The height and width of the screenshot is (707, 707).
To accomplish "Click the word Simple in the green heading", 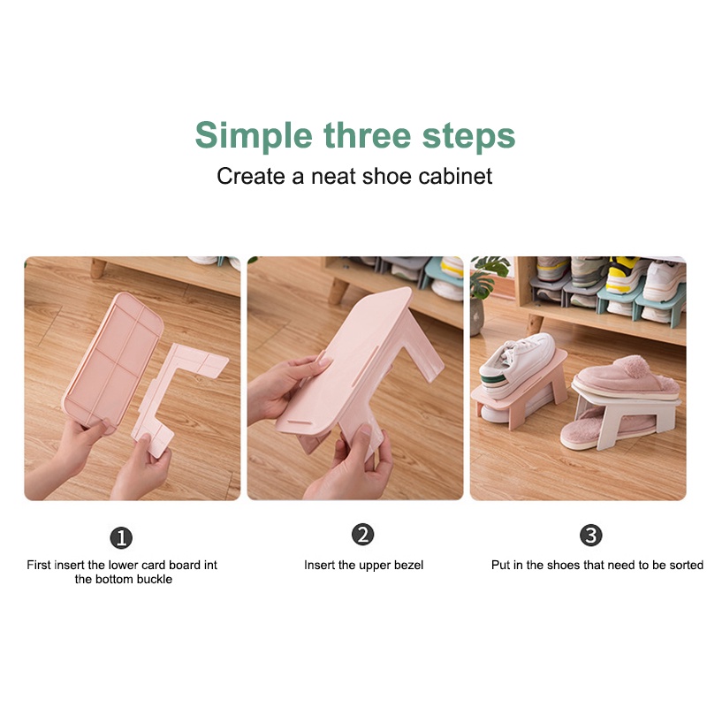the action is [254, 136].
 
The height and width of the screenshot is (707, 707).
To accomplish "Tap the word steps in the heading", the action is [468, 135].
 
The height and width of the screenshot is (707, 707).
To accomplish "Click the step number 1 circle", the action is [121, 537].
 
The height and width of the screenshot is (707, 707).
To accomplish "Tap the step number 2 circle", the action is [363, 535].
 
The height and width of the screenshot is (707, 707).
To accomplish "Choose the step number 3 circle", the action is [590, 536].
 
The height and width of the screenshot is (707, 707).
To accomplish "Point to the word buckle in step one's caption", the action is [155, 579].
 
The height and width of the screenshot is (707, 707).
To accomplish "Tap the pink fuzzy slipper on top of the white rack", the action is [627, 379].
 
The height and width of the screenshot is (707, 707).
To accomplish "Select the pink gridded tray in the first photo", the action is [113, 361].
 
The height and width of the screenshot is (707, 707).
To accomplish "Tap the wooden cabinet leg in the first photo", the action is [98, 268].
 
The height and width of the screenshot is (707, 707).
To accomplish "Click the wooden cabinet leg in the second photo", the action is [338, 291].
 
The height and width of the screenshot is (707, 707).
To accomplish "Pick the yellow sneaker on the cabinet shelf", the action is [623, 275].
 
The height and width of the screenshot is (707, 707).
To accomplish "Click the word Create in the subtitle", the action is [250, 176].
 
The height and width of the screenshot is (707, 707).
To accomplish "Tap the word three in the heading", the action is [367, 135].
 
